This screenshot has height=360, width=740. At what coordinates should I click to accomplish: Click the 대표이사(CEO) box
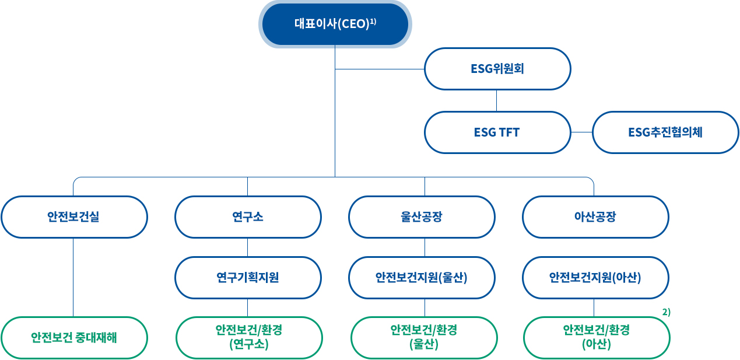(335, 24)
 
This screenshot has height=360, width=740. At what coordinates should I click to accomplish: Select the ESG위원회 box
(497, 69)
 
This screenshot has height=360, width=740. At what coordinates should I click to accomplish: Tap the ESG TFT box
(497, 132)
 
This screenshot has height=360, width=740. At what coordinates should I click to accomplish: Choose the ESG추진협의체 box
(665, 132)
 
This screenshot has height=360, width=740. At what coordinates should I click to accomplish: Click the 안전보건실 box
(74, 217)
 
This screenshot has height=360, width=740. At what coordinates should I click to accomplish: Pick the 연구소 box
(248, 217)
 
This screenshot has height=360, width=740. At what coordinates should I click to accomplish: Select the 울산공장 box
(422, 217)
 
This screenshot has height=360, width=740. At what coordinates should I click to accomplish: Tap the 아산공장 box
(595, 217)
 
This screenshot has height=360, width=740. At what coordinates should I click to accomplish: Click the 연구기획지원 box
(248, 278)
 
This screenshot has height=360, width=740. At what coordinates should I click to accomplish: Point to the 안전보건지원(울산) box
(422, 278)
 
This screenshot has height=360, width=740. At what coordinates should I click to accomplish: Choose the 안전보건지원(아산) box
(595, 278)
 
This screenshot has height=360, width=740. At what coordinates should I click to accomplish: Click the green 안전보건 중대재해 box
(74, 338)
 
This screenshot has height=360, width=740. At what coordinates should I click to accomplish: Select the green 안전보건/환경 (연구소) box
(249, 338)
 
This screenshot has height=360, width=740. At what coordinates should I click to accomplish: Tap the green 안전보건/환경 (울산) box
(424, 338)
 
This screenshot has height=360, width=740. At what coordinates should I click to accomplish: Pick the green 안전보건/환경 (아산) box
(597, 338)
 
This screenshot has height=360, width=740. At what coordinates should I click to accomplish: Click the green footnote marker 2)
(667, 312)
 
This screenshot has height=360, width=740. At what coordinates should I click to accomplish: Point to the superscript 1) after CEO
(373, 22)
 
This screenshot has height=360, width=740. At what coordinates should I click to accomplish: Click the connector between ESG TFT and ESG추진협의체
(581, 132)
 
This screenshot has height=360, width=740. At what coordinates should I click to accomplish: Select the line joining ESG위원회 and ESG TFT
(496, 100)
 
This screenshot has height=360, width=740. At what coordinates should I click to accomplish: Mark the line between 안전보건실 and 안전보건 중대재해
(73, 277)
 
